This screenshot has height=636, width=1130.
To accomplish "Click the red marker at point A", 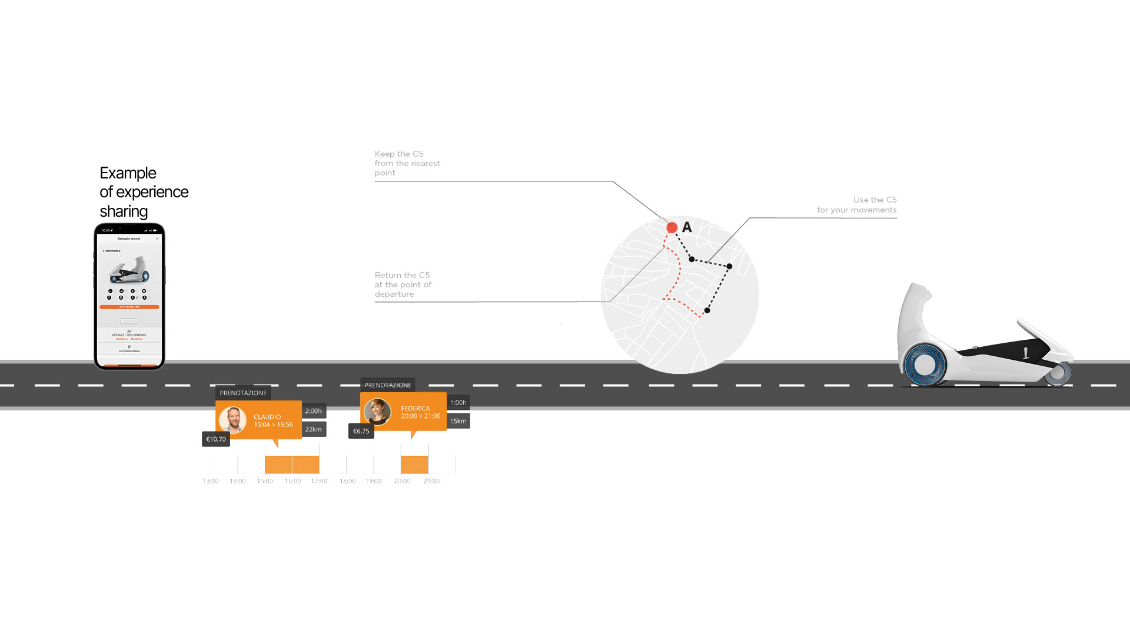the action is [672, 227].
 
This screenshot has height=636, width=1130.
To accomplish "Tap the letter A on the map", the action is [687, 227].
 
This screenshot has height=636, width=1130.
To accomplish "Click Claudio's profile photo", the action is [232, 420].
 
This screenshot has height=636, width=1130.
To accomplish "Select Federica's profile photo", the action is [377, 412].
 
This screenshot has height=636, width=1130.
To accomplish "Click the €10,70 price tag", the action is [216, 439].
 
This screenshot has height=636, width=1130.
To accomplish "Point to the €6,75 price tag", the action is [361, 431].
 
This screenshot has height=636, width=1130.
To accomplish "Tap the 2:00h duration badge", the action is [314, 411].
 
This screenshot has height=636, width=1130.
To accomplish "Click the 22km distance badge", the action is [314, 429].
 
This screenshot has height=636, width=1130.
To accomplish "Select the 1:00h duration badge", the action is [458, 403].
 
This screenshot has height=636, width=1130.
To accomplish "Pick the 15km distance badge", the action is [458, 421].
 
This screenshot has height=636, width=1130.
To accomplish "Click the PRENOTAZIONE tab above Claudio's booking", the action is [243, 393].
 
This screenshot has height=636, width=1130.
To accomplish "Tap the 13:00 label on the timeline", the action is [211, 481].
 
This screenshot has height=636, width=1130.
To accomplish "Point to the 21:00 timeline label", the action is [431, 481].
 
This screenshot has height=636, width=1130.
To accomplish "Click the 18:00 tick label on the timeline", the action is [347, 481].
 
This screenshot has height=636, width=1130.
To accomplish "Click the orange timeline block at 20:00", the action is [414, 464].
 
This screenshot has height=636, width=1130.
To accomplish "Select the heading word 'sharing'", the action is [124, 211].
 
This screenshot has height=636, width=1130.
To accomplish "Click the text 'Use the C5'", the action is [875, 200].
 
